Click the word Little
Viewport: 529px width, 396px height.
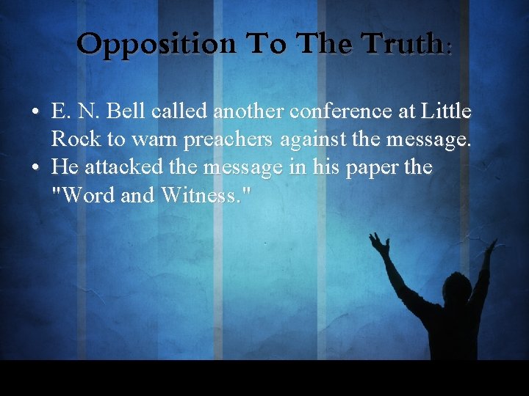446,112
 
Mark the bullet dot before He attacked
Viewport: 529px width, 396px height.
36,168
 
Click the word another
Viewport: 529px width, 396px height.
249,112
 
